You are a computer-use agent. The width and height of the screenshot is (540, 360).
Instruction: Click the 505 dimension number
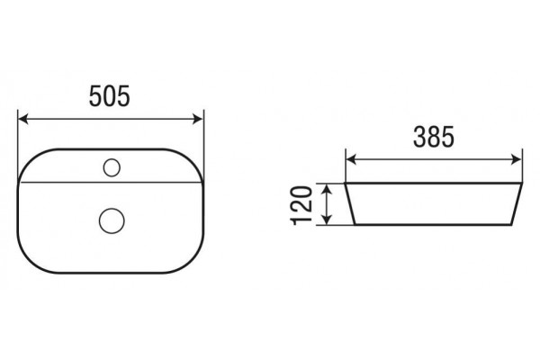(x=110, y=96)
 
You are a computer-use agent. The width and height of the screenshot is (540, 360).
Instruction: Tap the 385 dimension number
(x=434, y=137)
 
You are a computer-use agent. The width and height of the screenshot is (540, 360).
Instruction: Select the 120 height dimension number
(x=301, y=205)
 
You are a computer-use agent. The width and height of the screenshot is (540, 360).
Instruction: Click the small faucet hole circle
(x=112, y=167)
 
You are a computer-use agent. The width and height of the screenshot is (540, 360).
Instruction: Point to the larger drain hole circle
(x=112, y=220)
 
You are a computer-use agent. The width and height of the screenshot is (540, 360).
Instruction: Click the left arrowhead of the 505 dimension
(x=23, y=119)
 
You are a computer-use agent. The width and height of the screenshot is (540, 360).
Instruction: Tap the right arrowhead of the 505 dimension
(x=198, y=119)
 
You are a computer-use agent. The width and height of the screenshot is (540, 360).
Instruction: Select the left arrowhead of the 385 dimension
(x=351, y=159)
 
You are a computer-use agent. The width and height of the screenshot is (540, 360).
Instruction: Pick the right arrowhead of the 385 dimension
(x=517, y=159)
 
